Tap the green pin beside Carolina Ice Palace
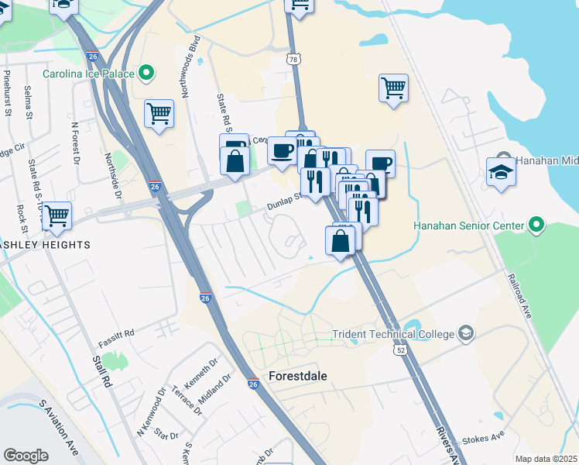pyautogui.click(x=146, y=74)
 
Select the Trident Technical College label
pyautogui.click(x=392, y=335)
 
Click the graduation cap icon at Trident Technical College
pyautogui.click(x=466, y=334)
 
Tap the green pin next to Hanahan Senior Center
pyautogui.click(x=536, y=226)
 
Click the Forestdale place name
pyautogui.click(x=297, y=376)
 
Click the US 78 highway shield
pyautogui.click(x=293, y=59)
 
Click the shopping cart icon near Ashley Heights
pyautogui.click(x=57, y=216)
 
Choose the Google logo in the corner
pyautogui.click(x=26, y=456)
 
